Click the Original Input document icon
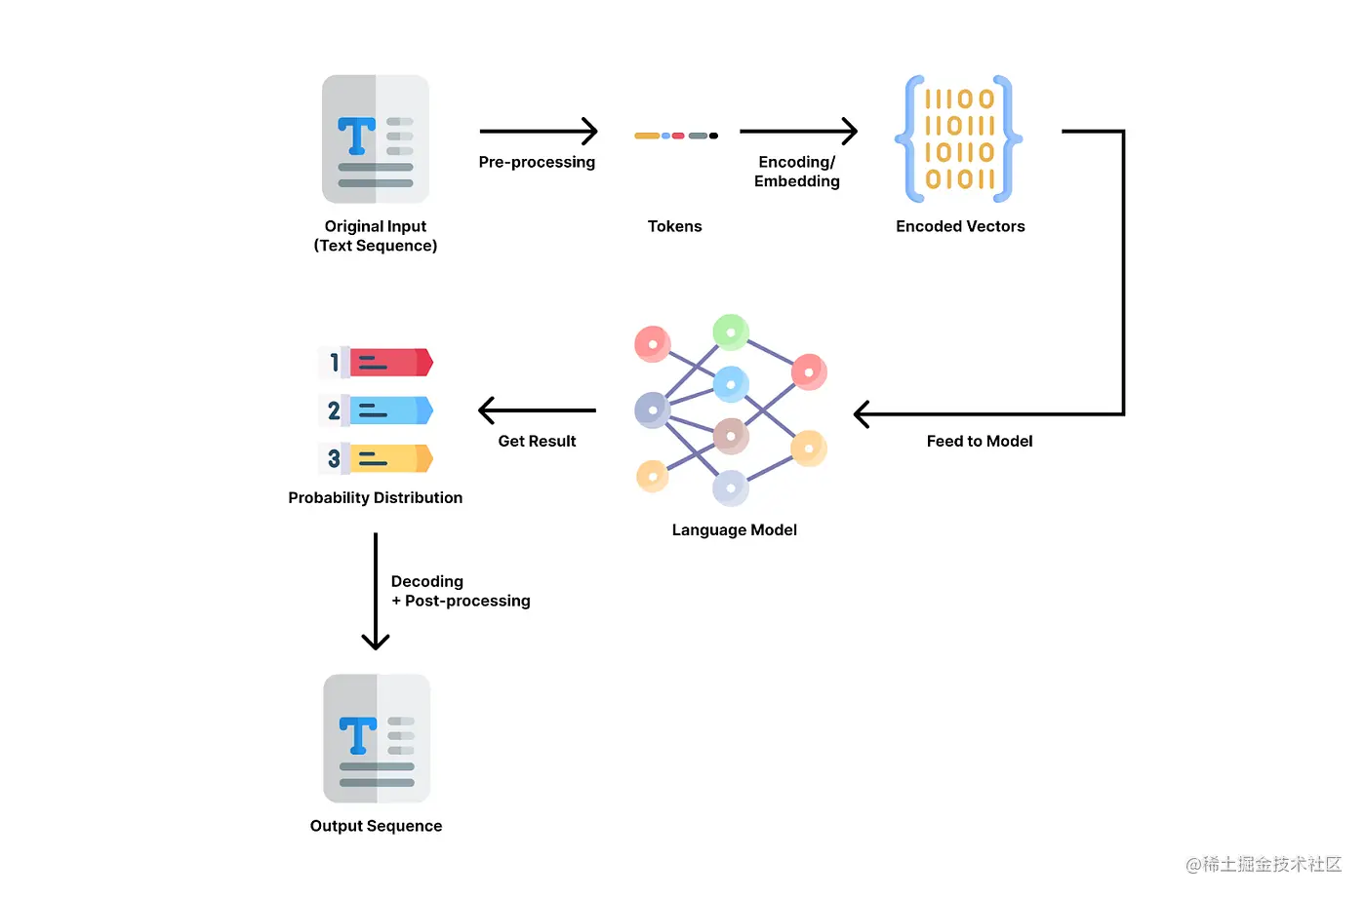[376, 138]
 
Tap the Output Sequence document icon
[377, 738]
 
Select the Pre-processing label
[537, 162]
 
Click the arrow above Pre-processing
[539, 131]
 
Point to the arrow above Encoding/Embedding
[799, 131]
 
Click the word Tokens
[674, 226]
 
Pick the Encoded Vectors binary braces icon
[958, 138]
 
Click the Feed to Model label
[980, 441]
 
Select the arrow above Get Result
[538, 410]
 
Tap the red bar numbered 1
[391, 363]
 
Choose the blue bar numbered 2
[391, 410]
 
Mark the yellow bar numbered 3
[391, 458]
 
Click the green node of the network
[731, 332]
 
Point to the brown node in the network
[731, 436]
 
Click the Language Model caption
[734, 530]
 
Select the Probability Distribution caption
[375, 497]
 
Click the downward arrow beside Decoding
[376, 591]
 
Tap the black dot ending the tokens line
[713, 136]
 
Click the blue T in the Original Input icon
[357, 136]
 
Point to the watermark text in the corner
[1264, 864]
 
